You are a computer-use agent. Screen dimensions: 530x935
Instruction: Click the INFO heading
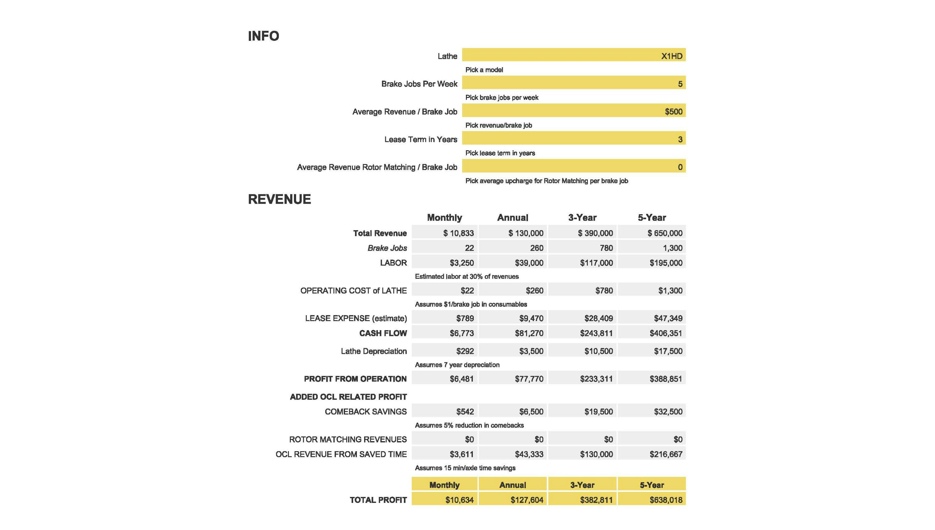[x=263, y=36]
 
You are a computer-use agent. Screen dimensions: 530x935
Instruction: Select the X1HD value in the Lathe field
[x=671, y=56]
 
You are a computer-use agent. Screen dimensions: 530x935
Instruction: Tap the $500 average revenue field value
[x=673, y=111]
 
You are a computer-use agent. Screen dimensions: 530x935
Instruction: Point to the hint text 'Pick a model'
[x=484, y=70]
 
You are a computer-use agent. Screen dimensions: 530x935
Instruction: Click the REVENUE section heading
[x=279, y=199]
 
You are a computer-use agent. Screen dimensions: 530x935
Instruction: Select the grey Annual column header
[x=512, y=218]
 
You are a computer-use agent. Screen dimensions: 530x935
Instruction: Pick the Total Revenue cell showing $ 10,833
[x=458, y=233]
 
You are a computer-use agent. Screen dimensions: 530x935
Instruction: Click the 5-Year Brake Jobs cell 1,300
[x=672, y=248]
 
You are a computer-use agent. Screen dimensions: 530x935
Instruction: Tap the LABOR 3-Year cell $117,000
[x=596, y=263]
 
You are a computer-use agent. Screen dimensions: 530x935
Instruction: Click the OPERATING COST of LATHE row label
[x=353, y=291]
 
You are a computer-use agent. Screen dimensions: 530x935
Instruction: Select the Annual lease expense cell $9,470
[x=531, y=318]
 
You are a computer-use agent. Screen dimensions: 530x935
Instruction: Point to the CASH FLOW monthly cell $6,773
[x=461, y=333]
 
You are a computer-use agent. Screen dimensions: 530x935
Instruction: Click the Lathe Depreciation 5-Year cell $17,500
[x=668, y=351]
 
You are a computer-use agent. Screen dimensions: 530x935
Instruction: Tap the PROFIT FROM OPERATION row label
[x=355, y=379]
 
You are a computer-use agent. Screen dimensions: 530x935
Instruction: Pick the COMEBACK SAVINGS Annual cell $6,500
[x=531, y=412]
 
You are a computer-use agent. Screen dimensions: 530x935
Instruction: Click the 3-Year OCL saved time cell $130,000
[x=596, y=454]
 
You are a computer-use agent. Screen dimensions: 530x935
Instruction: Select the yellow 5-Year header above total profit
[x=652, y=485]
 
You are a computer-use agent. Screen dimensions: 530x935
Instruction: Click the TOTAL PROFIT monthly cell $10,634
[x=459, y=500]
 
